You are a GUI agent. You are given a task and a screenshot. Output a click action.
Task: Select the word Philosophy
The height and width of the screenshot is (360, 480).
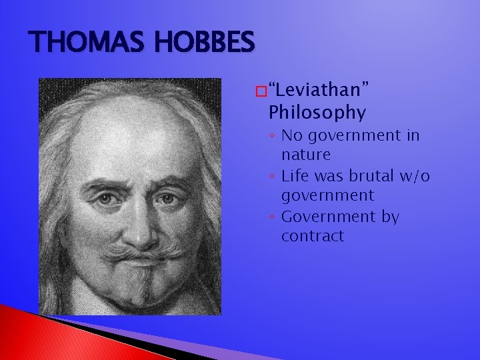[317, 113]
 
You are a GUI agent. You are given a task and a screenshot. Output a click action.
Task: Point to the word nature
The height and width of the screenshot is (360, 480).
[305, 155]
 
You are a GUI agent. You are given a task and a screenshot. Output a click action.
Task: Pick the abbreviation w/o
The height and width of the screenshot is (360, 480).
[414, 176]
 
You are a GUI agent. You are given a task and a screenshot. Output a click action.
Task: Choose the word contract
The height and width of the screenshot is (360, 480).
[312, 236]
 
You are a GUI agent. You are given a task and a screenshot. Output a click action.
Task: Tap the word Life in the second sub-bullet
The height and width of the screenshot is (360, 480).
[295, 176]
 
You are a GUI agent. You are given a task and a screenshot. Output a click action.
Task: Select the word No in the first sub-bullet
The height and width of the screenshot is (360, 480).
[291, 136]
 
